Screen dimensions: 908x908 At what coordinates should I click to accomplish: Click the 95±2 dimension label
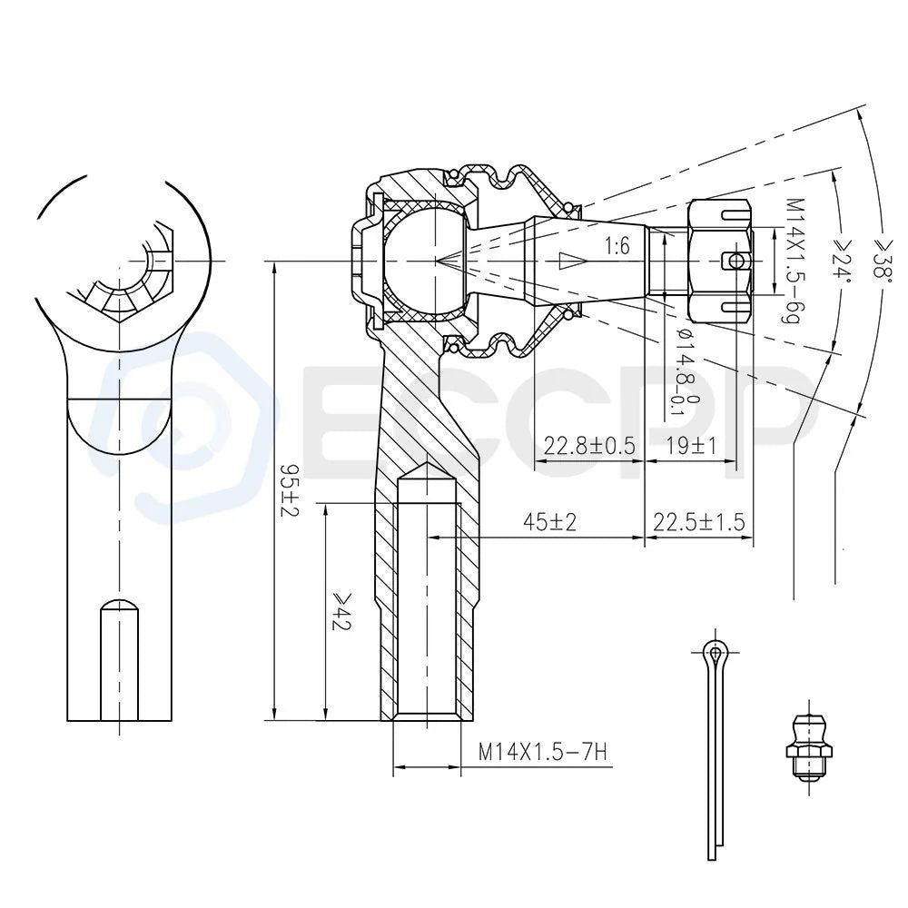coord(289,490)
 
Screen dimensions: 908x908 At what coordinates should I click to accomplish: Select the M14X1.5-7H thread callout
coord(543,752)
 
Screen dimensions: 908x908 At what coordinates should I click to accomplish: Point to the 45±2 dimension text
coord(549,522)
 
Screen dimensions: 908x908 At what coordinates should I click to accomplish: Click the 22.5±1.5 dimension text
coord(698,522)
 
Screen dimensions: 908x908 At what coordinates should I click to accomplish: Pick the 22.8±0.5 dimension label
coord(589,446)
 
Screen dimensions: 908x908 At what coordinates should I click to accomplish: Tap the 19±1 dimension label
coord(691,446)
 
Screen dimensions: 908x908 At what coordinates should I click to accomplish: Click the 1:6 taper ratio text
coord(617,247)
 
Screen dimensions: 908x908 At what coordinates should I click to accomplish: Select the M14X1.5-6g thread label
coord(794,262)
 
